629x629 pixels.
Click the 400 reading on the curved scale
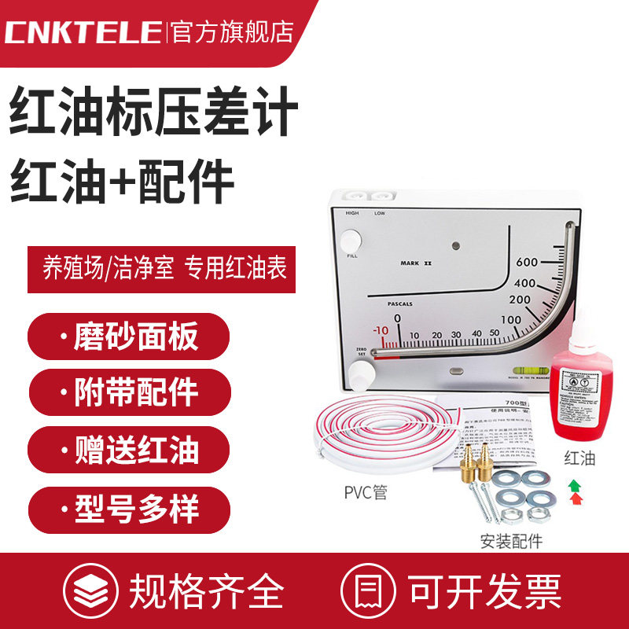[524, 283]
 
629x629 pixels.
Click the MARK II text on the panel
[416, 264]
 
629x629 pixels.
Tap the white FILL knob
[351, 240]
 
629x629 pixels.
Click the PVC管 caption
[365, 493]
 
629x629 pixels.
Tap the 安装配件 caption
[512, 541]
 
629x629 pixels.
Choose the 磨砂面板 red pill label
[129, 337]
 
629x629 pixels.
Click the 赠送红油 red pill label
[129, 449]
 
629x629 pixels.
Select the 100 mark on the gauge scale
[512, 319]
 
